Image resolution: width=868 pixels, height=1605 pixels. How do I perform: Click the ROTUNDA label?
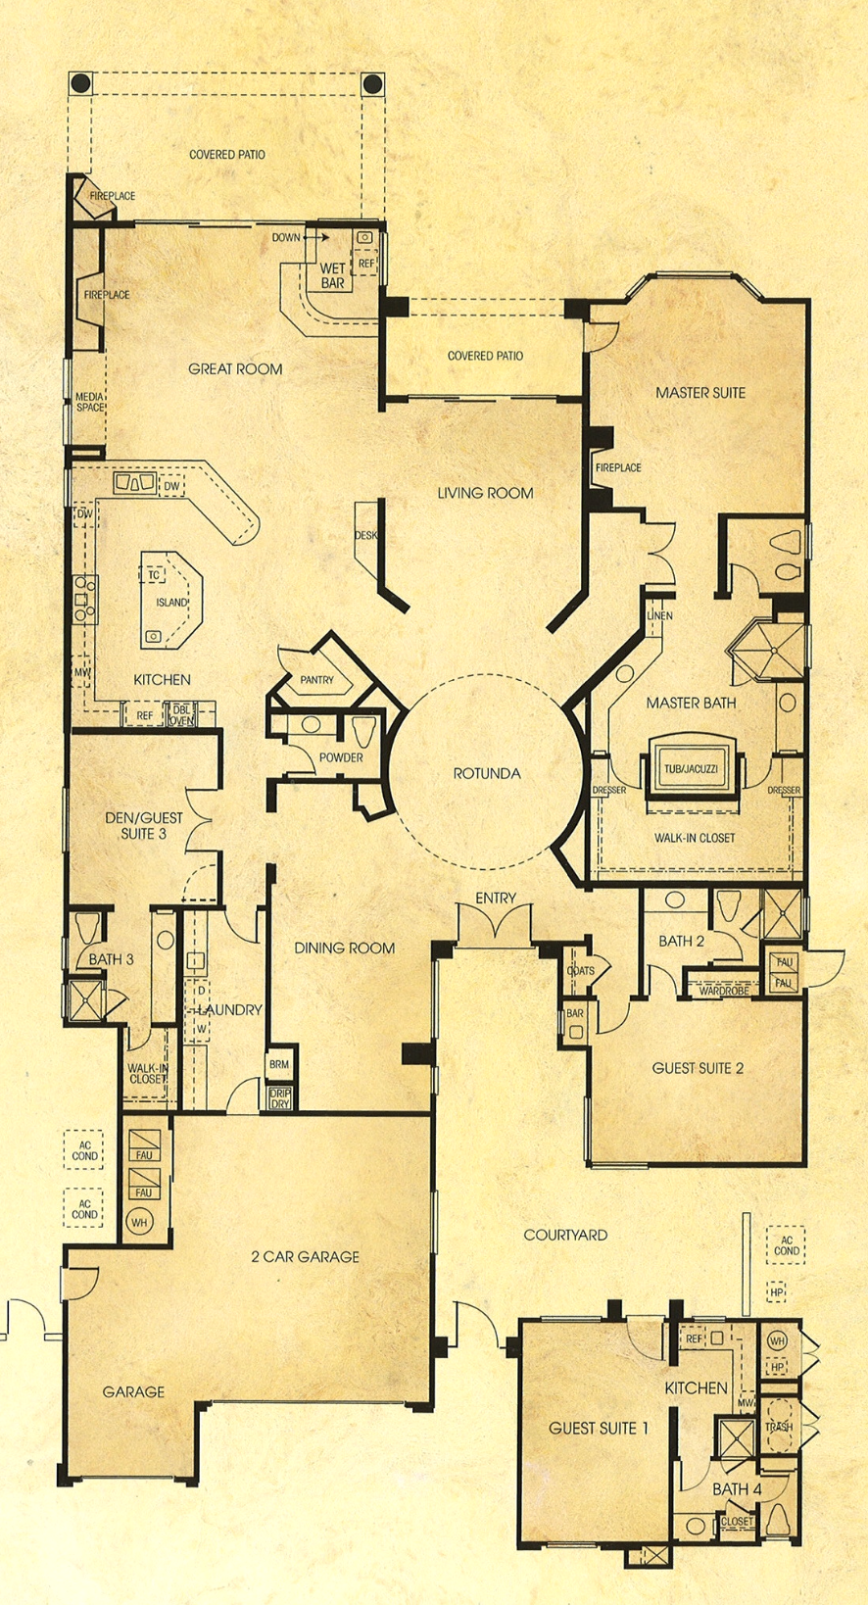(487, 773)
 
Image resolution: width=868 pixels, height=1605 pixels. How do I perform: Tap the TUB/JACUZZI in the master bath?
(691, 769)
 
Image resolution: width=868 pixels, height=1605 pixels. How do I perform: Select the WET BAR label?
(333, 275)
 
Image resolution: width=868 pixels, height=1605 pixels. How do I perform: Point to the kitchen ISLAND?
(171, 602)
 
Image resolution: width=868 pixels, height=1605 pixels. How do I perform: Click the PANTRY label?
(316, 679)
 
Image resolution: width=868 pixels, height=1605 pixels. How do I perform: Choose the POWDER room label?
(341, 757)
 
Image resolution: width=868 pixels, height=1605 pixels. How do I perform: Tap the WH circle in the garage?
(139, 1223)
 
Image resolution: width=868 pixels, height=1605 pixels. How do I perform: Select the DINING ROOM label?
(345, 948)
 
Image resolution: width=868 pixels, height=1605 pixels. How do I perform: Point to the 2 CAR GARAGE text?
(305, 1256)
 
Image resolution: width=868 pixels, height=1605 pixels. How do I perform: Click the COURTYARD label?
(565, 1235)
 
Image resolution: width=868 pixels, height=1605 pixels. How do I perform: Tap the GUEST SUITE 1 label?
(599, 1428)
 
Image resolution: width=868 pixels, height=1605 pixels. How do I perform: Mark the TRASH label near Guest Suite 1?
(779, 1427)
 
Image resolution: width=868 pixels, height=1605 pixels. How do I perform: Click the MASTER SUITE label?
(700, 392)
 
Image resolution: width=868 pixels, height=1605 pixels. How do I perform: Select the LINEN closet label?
(659, 615)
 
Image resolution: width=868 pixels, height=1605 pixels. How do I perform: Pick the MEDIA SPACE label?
(90, 402)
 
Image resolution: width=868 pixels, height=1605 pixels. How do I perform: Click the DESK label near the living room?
(366, 535)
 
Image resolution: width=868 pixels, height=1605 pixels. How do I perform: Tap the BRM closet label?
(279, 1064)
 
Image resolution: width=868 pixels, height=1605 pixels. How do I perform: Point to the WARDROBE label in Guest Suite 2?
(724, 991)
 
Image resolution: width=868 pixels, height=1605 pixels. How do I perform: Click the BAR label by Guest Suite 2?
(575, 1013)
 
